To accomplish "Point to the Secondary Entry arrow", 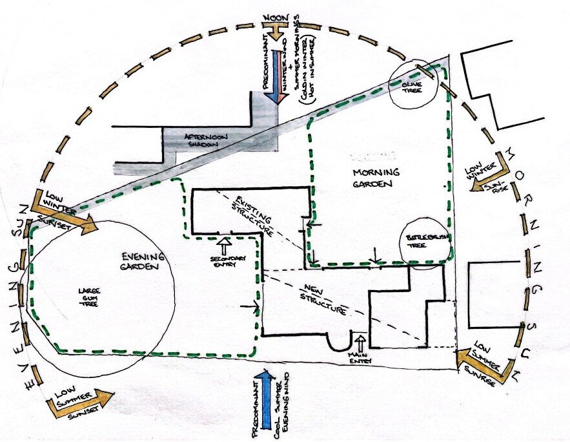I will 225,246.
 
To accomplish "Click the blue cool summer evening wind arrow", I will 264,400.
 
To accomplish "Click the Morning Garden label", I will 376,179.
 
